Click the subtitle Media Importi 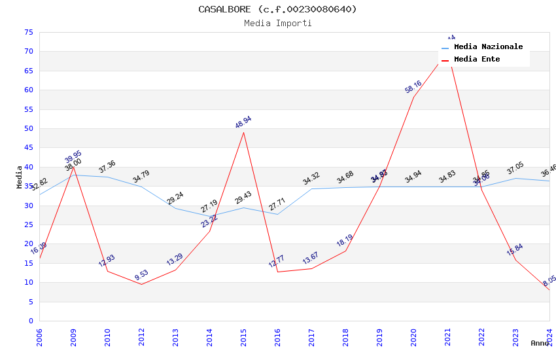277,23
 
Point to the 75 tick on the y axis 27,32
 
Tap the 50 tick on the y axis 27,128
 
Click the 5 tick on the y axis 30,302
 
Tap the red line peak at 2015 243,132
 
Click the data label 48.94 243,122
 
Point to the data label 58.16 413,87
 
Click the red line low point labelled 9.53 141,284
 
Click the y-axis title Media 20,177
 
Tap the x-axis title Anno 540,343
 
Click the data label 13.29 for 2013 175,260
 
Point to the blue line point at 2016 277,214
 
